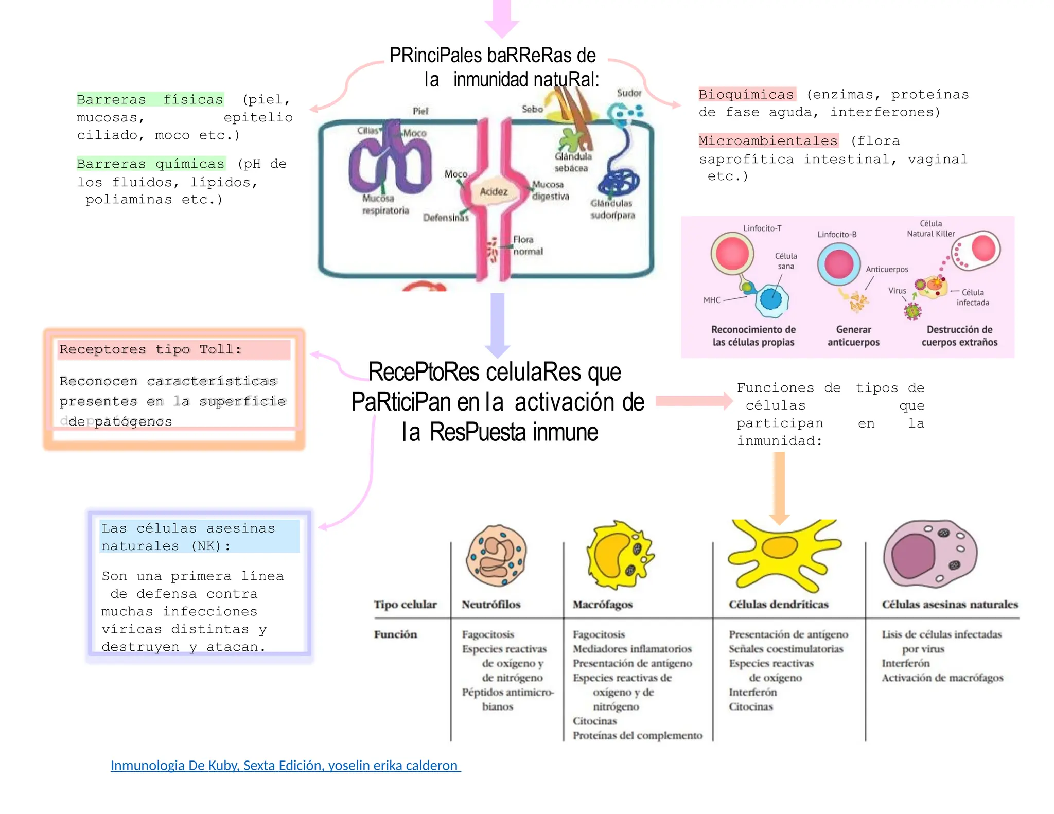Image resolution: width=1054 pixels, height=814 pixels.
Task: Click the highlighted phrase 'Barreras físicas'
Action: click(x=150, y=99)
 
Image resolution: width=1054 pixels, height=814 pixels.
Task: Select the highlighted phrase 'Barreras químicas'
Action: click(x=151, y=164)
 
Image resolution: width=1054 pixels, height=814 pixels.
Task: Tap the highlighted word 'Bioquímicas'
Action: click(x=746, y=94)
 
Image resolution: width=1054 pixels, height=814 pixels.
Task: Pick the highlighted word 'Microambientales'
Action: click(x=768, y=140)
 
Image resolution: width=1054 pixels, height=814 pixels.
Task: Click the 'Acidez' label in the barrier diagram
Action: click(x=494, y=191)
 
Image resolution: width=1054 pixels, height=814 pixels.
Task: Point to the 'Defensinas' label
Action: click(x=446, y=218)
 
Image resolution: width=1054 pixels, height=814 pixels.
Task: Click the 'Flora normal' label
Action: click(x=527, y=245)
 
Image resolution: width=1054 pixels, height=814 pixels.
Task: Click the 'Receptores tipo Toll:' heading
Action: click(x=150, y=349)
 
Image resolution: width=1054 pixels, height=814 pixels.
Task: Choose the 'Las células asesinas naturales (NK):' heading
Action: click(x=188, y=537)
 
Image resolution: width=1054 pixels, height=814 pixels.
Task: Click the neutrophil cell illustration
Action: click(x=496, y=556)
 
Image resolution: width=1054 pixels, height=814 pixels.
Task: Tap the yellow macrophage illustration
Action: click(x=619, y=556)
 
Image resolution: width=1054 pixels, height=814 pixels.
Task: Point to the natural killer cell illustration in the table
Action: click(x=930, y=553)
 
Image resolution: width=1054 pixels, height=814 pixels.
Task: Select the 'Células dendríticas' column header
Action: click(x=778, y=604)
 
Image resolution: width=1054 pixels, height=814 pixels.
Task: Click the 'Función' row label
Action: click(x=395, y=634)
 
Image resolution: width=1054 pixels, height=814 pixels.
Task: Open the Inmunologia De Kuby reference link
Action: click(x=285, y=765)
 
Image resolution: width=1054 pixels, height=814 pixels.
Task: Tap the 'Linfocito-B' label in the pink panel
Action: click(x=837, y=235)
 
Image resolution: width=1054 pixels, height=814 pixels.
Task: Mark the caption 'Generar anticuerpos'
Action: click(x=853, y=335)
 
